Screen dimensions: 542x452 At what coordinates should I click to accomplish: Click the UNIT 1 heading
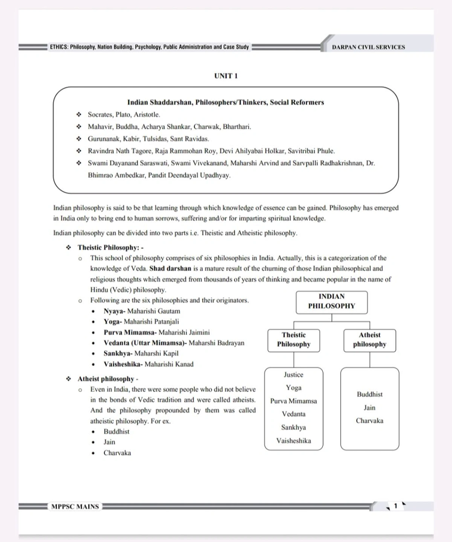pyautogui.click(x=226, y=76)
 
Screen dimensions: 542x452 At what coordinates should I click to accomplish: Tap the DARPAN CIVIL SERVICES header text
pyautogui.click(x=368, y=47)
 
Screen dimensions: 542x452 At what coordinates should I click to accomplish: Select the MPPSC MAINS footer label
pyautogui.click(x=75, y=507)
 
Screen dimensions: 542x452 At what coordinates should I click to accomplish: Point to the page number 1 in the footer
pyautogui.click(x=395, y=506)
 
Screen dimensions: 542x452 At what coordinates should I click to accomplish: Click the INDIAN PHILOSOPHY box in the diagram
pyautogui.click(x=331, y=301)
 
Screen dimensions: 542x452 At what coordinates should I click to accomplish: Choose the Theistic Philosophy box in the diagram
pyautogui.click(x=294, y=340)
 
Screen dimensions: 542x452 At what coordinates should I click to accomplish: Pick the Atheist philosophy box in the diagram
pyautogui.click(x=370, y=340)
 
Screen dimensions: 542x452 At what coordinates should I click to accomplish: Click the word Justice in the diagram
pyautogui.click(x=293, y=375)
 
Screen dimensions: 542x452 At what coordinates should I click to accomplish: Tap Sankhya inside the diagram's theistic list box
pyautogui.click(x=293, y=427)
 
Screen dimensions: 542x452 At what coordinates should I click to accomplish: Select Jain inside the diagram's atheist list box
pyautogui.click(x=370, y=408)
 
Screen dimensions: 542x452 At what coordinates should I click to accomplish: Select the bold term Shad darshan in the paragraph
pyautogui.click(x=170, y=269)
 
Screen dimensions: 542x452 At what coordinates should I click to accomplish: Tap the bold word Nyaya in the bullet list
pyautogui.click(x=114, y=311)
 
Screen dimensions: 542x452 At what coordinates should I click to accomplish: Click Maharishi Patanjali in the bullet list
pyautogui.click(x=151, y=322)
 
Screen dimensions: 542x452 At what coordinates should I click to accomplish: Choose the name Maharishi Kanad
pyautogui.click(x=169, y=364)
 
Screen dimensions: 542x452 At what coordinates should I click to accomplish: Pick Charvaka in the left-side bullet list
pyautogui.click(x=117, y=453)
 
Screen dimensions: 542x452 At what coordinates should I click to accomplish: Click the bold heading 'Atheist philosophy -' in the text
pyautogui.click(x=108, y=379)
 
